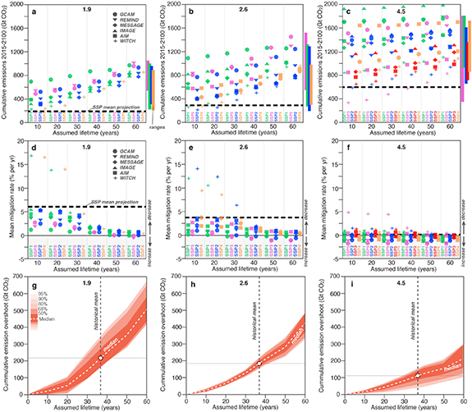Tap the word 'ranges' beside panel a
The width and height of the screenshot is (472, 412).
coord(150,125)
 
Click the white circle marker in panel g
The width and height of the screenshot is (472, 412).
coord(100,335)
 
